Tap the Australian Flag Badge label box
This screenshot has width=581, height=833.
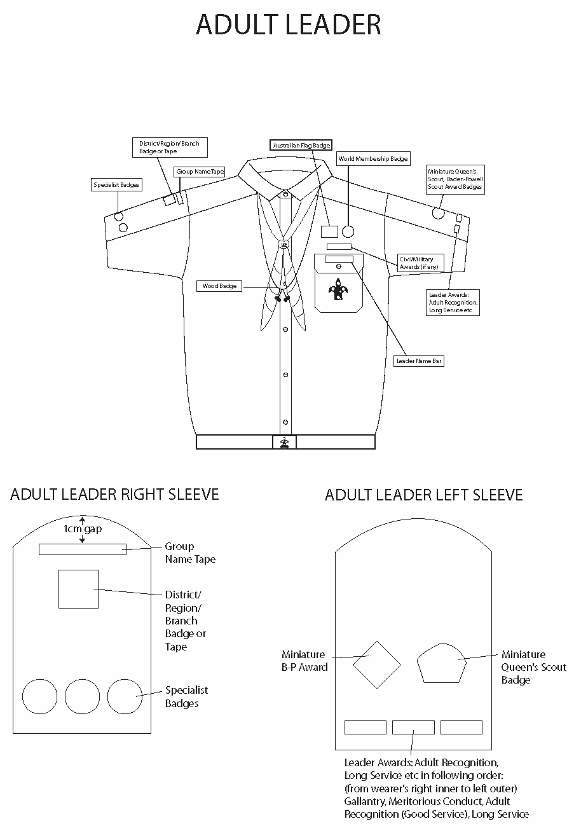[x=301, y=146]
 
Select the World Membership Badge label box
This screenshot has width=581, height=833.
[x=373, y=158]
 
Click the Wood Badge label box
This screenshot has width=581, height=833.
[x=219, y=286]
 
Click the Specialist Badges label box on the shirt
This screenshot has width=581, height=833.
[x=116, y=185]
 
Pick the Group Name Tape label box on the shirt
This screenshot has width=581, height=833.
[x=200, y=172]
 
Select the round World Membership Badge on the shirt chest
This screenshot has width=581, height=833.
[x=348, y=231]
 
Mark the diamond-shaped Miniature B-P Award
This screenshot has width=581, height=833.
[x=376, y=664]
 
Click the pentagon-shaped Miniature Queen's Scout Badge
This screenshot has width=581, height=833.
[x=442, y=663]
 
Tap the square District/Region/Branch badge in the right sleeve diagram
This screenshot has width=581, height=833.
[x=78, y=589]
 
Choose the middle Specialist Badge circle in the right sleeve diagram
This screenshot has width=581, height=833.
[x=82, y=696]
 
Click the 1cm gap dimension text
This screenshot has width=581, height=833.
[x=83, y=529]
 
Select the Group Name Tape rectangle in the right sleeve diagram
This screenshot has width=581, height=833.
[x=83, y=549]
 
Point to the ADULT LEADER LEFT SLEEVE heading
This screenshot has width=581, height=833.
[x=423, y=495]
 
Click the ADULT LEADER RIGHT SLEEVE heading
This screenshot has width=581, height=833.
[x=114, y=494]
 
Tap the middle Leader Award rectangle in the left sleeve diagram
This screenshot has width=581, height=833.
[x=413, y=727]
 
